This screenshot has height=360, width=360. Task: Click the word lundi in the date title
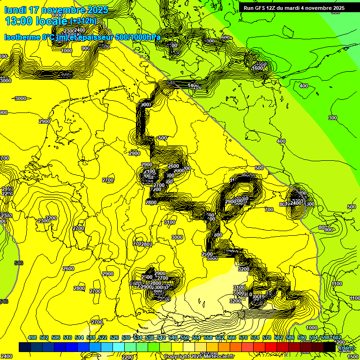(x=16, y=10)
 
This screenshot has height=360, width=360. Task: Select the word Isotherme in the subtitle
(x=22, y=37)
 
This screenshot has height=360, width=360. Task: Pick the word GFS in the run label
(x=264, y=8)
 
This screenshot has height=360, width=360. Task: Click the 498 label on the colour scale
(x=32, y=337)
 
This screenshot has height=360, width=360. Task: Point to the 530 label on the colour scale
(x=126, y=337)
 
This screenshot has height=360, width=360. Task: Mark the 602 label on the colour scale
(x=336, y=337)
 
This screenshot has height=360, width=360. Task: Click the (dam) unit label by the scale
(x=346, y=348)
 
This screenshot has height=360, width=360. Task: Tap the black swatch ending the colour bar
(x=330, y=347)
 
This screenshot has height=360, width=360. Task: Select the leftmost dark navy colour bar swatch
(x=25, y=347)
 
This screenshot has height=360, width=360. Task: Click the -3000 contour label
(x=20, y=98)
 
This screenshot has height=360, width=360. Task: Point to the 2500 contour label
(x=207, y=254)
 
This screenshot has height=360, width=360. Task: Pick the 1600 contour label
(x=257, y=68)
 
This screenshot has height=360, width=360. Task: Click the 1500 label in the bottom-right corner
(x=353, y=357)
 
